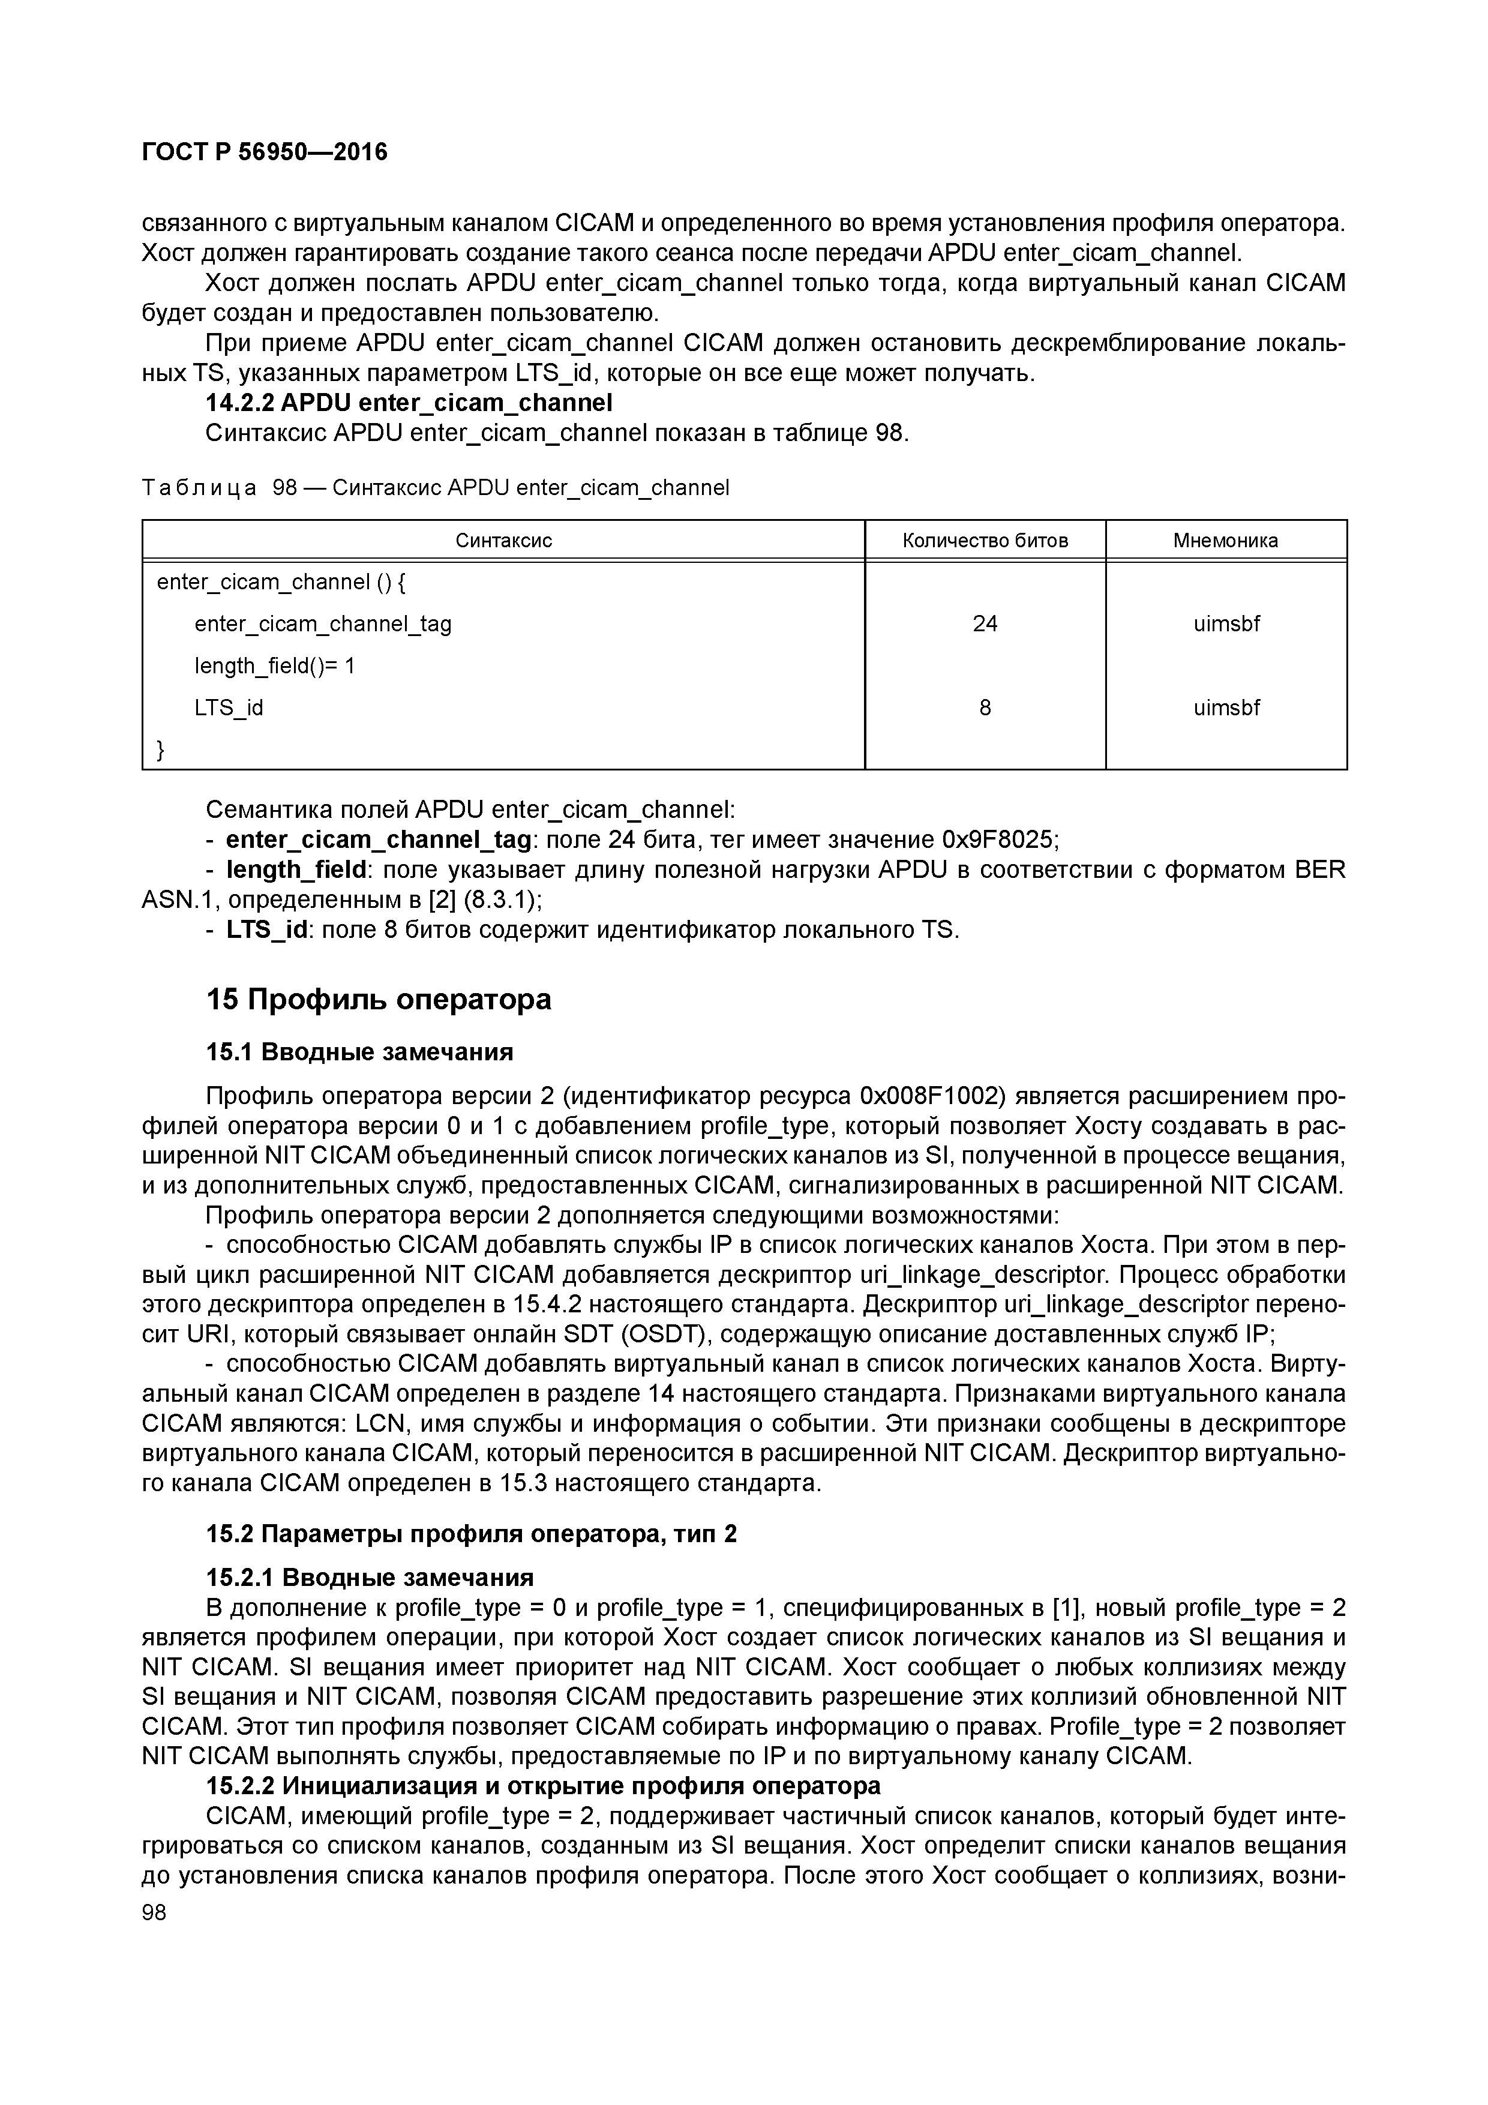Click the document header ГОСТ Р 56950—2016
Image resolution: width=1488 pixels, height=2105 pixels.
(x=265, y=152)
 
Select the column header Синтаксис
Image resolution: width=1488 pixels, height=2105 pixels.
(x=503, y=541)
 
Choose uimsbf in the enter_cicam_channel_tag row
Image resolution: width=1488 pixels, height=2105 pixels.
(x=1226, y=624)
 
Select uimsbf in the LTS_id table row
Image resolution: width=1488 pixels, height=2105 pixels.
(x=1226, y=708)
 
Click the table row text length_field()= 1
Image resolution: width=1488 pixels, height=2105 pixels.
(x=274, y=665)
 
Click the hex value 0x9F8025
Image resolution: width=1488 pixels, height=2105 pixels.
(x=1000, y=840)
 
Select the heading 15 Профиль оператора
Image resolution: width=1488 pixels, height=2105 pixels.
(x=379, y=998)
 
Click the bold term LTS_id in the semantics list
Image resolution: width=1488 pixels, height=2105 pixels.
(x=266, y=929)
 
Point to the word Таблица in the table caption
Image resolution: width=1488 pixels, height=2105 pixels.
(x=199, y=488)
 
